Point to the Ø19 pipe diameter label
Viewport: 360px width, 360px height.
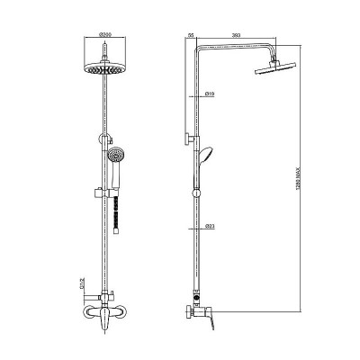(208, 93)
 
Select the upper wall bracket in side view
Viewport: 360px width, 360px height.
(190, 138)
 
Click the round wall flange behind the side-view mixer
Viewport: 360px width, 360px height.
(193, 311)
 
